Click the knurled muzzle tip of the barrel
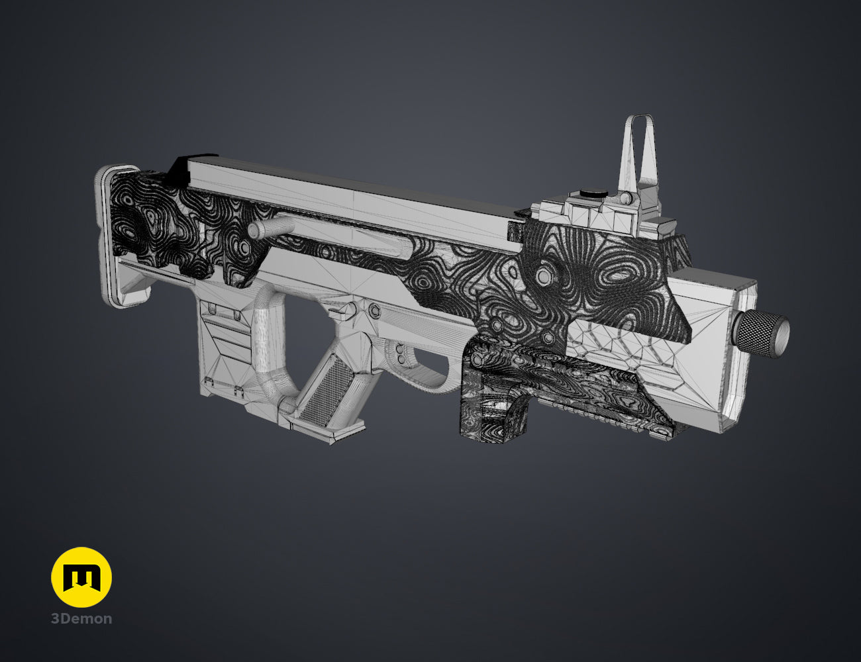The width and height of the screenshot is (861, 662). (x=763, y=334)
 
